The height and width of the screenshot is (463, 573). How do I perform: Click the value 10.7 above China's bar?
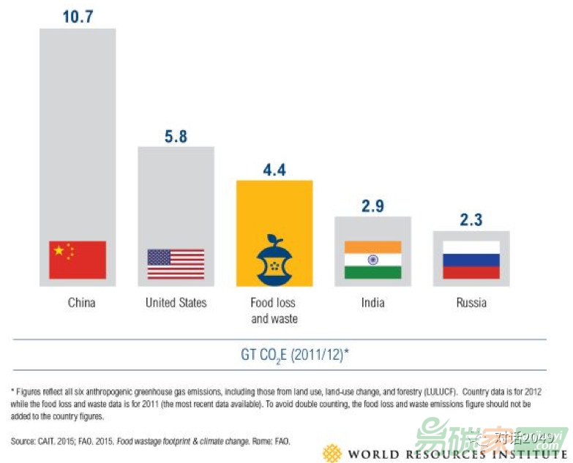coord(78,15)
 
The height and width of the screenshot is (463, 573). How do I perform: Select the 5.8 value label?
coord(176,136)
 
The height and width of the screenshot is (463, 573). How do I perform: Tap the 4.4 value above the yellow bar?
coord(274,170)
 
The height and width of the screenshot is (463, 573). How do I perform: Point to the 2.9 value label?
coord(372,206)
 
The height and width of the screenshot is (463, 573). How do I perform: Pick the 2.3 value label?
coord(471,219)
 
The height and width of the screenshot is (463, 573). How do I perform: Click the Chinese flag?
coord(78,260)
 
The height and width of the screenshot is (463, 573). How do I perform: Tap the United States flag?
coord(176,263)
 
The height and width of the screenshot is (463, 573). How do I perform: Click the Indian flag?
coord(372,260)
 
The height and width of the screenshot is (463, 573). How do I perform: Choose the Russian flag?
coord(471,260)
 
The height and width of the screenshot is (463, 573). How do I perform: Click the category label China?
coord(81,302)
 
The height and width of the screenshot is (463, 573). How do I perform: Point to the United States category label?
coord(176,302)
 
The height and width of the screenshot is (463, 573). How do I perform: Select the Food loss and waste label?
coord(274,310)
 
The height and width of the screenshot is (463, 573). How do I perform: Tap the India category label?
coord(372,302)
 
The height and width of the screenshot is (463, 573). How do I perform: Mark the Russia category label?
coord(471,302)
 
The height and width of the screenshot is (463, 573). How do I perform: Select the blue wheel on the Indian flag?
coord(372,260)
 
